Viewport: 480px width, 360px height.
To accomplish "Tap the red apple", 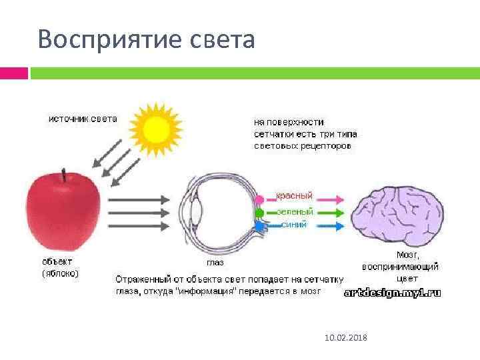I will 63,211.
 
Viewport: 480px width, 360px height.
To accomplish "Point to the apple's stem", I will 64,177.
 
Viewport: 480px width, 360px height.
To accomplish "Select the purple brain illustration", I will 399,215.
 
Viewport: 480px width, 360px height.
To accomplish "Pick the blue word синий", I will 294,225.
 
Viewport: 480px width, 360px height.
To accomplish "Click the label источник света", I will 83,119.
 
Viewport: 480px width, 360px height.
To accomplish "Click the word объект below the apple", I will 57,261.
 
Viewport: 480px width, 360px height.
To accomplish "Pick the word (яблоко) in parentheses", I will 60,273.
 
